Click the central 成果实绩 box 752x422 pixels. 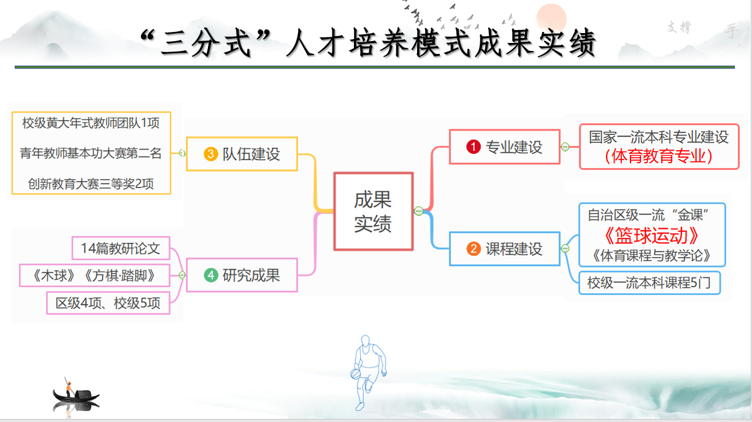(x=374, y=211)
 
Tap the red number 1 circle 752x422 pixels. (x=474, y=147)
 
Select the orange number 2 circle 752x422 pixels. (x=474, y=249)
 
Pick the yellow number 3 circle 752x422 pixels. (x=211, y=154)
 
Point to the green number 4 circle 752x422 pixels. (x=211, y=275)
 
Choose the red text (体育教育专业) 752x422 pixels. (x=659, y=156)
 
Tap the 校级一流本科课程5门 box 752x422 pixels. (x=650, y=283)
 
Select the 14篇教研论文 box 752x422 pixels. (x=121, y=248)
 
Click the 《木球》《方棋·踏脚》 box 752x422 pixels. (x=94, y=275)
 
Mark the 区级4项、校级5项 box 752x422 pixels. (x=108, y=303)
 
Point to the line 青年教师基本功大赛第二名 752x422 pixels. (x=91, y=153)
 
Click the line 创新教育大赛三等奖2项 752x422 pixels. (x=91, y=184)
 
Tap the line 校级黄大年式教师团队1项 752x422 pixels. (x=91, y=123)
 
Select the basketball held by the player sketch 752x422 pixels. (x=356, y=374)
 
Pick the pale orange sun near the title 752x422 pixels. (x=551, y=19)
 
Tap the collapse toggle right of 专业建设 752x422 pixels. (x=565, y=147)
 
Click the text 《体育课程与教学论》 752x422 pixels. (x=651, y=256)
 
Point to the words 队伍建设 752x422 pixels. (x=251, y=154)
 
